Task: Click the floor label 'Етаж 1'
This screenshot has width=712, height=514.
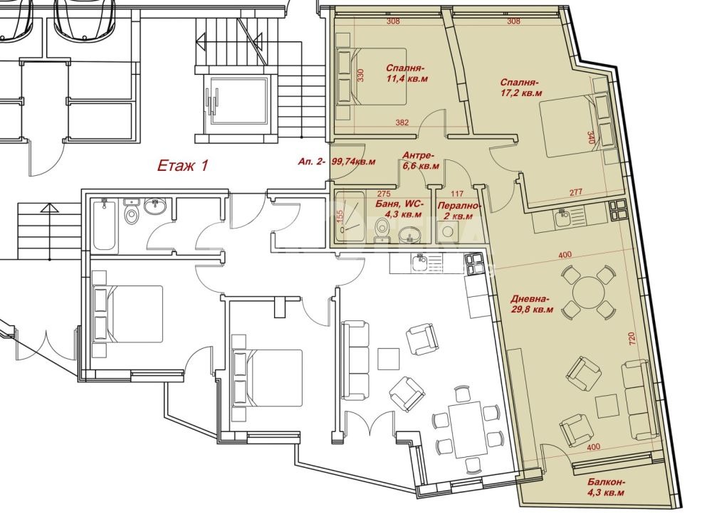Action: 182,167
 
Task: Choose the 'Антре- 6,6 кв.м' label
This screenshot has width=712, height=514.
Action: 420,160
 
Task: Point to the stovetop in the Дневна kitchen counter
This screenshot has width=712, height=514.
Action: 617,209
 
